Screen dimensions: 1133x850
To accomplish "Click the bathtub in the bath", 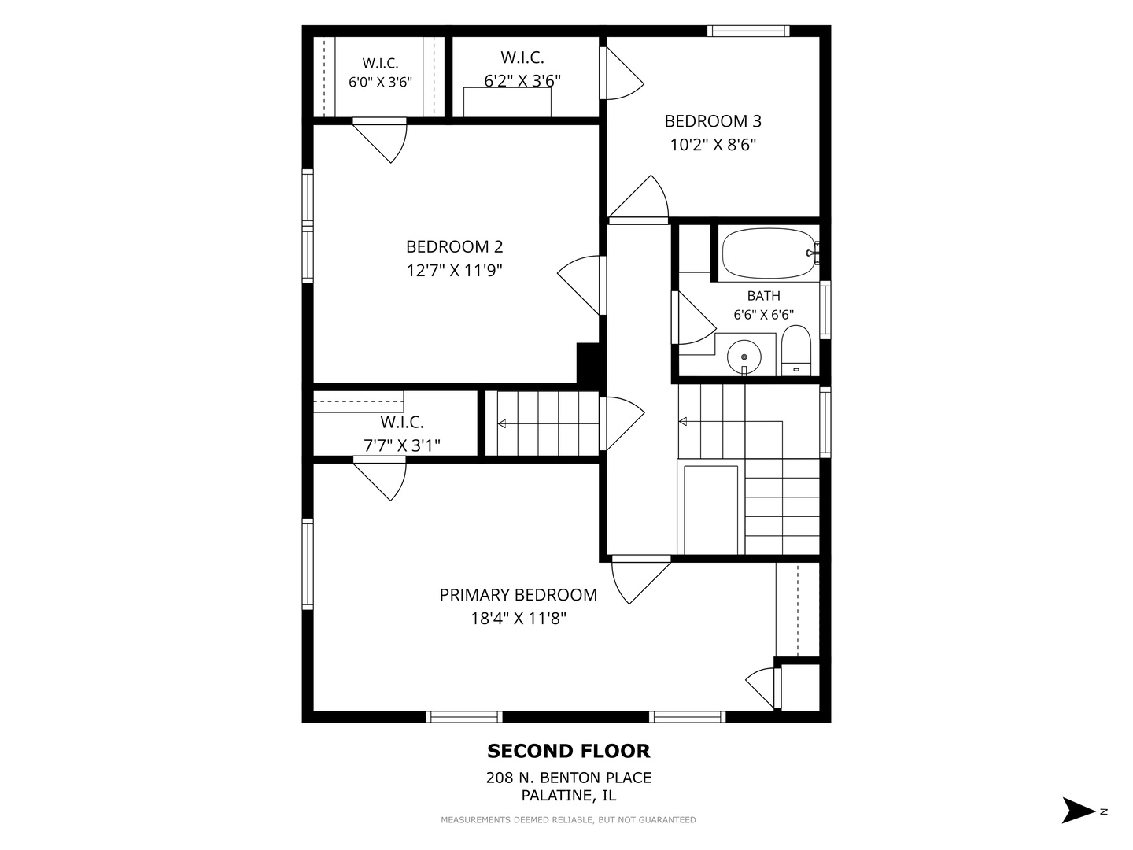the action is pos(768,253).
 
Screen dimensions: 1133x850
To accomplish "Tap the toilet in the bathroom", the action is pos(796,350).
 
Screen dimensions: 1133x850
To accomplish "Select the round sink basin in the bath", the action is pos(744,357).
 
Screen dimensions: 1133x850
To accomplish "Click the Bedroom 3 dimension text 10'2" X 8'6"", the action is pos(713,145).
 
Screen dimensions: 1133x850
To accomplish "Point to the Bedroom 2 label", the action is pos(454,246).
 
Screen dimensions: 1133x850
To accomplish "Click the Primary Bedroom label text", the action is pos(519,595).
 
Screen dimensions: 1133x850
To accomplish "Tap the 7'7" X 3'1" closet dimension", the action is pos(402,445).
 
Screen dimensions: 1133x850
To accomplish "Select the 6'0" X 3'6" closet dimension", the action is pos(380,82).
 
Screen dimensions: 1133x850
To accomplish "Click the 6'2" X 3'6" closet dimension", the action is pos(522,80).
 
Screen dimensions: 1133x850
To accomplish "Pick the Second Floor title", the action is pos(569,752).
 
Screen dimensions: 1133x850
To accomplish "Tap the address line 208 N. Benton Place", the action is pos(569,778).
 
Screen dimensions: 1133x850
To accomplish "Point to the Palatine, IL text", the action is pos(569,795).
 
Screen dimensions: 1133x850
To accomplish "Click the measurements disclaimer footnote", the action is pos(568,819).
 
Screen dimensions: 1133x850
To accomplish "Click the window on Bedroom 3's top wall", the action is pos(748,31).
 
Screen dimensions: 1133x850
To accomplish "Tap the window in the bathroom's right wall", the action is pos(825,309).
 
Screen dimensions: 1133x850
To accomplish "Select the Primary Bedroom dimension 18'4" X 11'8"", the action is pos(519,619).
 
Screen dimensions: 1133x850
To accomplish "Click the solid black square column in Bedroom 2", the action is pos(588,364).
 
